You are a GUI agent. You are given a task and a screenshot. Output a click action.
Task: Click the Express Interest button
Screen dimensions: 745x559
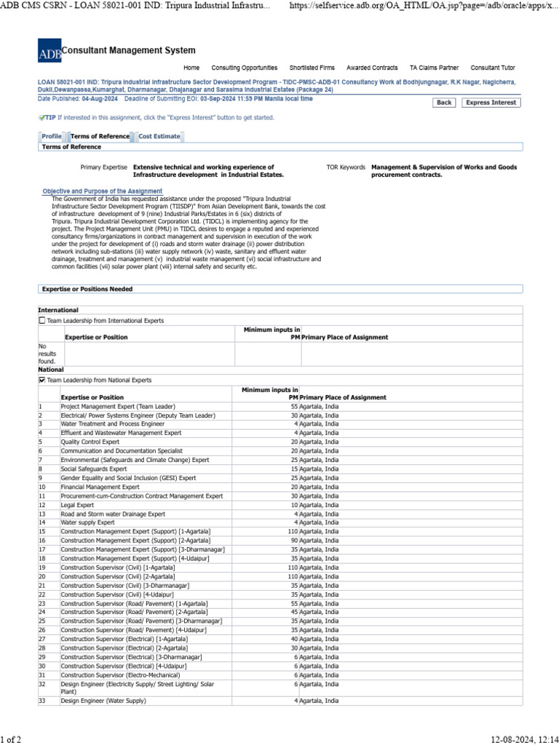click(x=491, y=103)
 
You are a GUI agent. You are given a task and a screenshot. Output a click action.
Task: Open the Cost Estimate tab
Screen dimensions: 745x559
click(x=159, y=136)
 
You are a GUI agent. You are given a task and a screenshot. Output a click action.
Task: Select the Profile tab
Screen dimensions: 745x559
click(x=52, y=136)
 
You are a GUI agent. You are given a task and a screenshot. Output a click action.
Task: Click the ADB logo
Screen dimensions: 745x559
click(x=49, y=51)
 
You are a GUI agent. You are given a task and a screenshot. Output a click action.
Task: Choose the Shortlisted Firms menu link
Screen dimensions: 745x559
click(x=312, y=68)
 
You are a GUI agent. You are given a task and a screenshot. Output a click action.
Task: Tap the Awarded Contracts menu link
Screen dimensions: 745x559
click(x=372, y=68)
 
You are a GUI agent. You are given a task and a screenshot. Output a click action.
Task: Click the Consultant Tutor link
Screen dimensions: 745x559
click(x=493, y=68)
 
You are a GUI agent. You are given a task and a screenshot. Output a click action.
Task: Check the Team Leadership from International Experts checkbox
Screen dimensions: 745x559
click(x=41, y=320)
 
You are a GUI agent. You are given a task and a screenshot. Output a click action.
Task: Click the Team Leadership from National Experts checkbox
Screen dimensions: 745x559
click(x=41, y=380)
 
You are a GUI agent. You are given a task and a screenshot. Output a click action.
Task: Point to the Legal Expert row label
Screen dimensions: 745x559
click(x=78, y=505)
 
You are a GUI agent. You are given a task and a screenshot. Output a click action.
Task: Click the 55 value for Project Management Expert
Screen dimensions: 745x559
click(x=294, y=406)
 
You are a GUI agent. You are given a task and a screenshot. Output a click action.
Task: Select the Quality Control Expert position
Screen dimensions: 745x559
click(x=90, y=442)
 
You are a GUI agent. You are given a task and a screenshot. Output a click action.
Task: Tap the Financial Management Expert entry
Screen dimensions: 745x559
click(x=100, y=487)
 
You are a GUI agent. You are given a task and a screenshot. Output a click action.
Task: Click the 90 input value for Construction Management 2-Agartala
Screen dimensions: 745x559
click(x=294, y=541)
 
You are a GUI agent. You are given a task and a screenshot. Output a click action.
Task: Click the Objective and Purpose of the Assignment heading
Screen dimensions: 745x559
click(x=102, y=191)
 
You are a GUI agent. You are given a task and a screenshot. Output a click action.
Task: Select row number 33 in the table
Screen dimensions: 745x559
click(x=42, y=701)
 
